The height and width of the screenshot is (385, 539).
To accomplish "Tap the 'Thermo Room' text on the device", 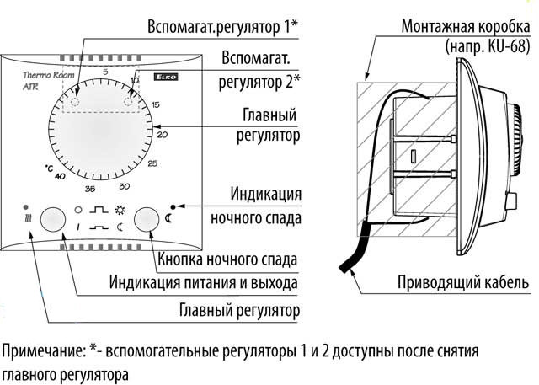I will tap(42, 76).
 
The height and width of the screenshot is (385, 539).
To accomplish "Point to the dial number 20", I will tap(163, 132).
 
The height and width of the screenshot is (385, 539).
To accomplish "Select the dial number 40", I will tap(60, 176).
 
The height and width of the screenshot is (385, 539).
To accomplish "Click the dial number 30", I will tap(124, 185).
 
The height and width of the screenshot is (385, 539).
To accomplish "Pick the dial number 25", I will tap(152, 163).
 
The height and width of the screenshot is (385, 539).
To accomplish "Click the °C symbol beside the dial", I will tap(49, 168).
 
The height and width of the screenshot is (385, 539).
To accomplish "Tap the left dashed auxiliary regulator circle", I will tap(73, 102).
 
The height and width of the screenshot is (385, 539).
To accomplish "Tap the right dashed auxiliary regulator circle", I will tap(130, 102).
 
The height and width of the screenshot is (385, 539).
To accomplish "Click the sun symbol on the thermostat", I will tap(120, 209).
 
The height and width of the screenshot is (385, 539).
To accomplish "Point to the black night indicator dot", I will tap(173, 206).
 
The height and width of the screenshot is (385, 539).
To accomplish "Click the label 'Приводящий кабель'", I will tap(465, 281).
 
